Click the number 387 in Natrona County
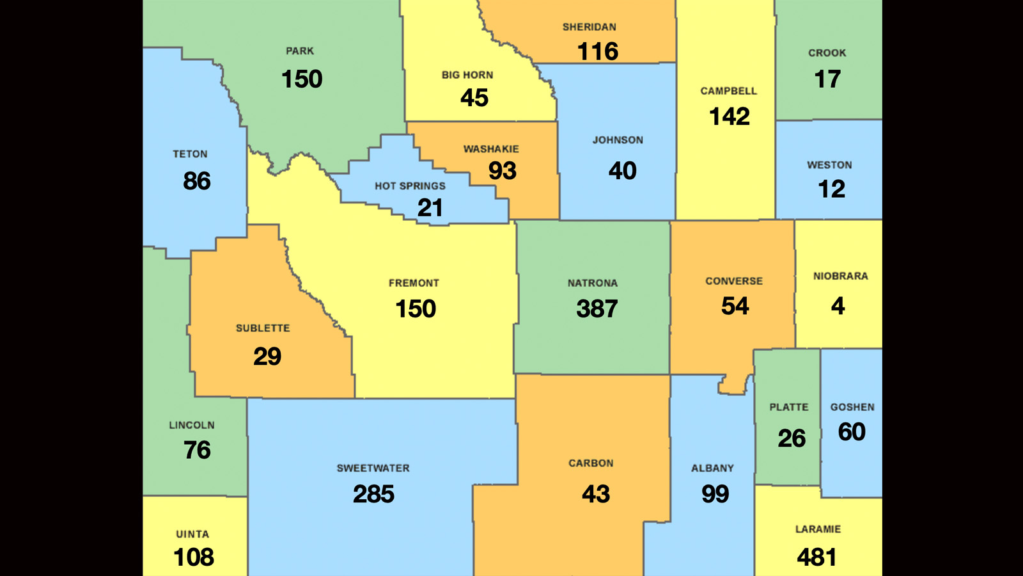click(x=597, y=309)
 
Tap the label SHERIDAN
click(x=589, y=27)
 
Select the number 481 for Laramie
click(x=816, y=557)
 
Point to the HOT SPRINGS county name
click(x=410, y=186)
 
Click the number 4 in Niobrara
click(x=838, y=306)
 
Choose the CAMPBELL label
click(x=728, y=91)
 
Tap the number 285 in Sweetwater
click(x=373, y=494)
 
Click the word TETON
click(x=190, y=154)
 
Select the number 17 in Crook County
click(x=827, y=79)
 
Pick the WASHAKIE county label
click(x=491, y=149)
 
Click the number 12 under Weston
click(x=831, y=189)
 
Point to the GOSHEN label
click(x=852, y=407)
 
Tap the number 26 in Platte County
click(x=791, y=438)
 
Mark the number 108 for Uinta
click(x=194, y=557)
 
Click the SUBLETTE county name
click(x=263, y=328)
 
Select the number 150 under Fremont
click(x=416, y=309)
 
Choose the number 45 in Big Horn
click(x=474, y=98)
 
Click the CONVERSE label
click(x=733, y=281)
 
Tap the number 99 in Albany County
click(x=715, y=494)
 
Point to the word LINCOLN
click(x=191, y=425)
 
